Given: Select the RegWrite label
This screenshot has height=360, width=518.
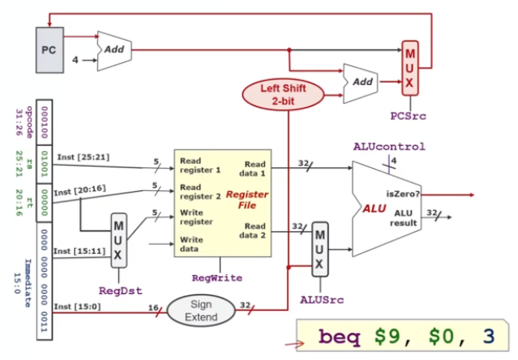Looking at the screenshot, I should pyautogui.click(x=217, y=278).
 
